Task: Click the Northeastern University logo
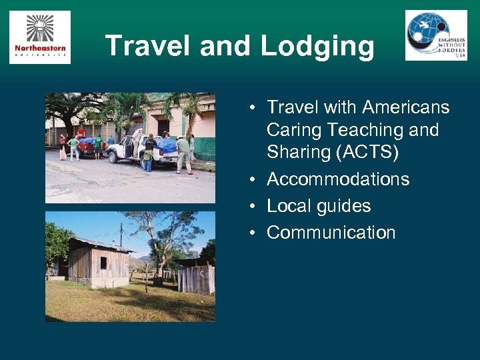point(40,37)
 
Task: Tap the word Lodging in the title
point(317,46)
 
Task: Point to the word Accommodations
point(338,179)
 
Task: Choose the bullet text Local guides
point(319,206)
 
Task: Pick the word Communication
point(331,233)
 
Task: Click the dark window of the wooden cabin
point(103,263)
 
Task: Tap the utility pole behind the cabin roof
point(121,233)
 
